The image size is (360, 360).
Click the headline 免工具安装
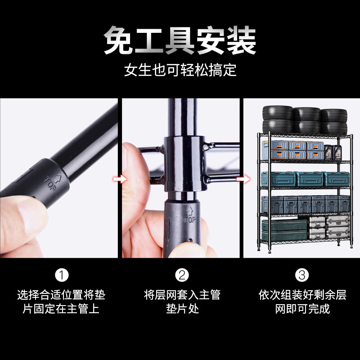(x=180, y=41)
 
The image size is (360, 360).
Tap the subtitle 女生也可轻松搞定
(x=180, y=71)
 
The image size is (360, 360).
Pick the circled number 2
(x=182, y=274)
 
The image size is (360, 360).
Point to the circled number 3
(x=302, y=274)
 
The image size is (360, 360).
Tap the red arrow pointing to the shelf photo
(x=243, y=180)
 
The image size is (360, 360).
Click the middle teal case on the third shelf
(x=310, y=179)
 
